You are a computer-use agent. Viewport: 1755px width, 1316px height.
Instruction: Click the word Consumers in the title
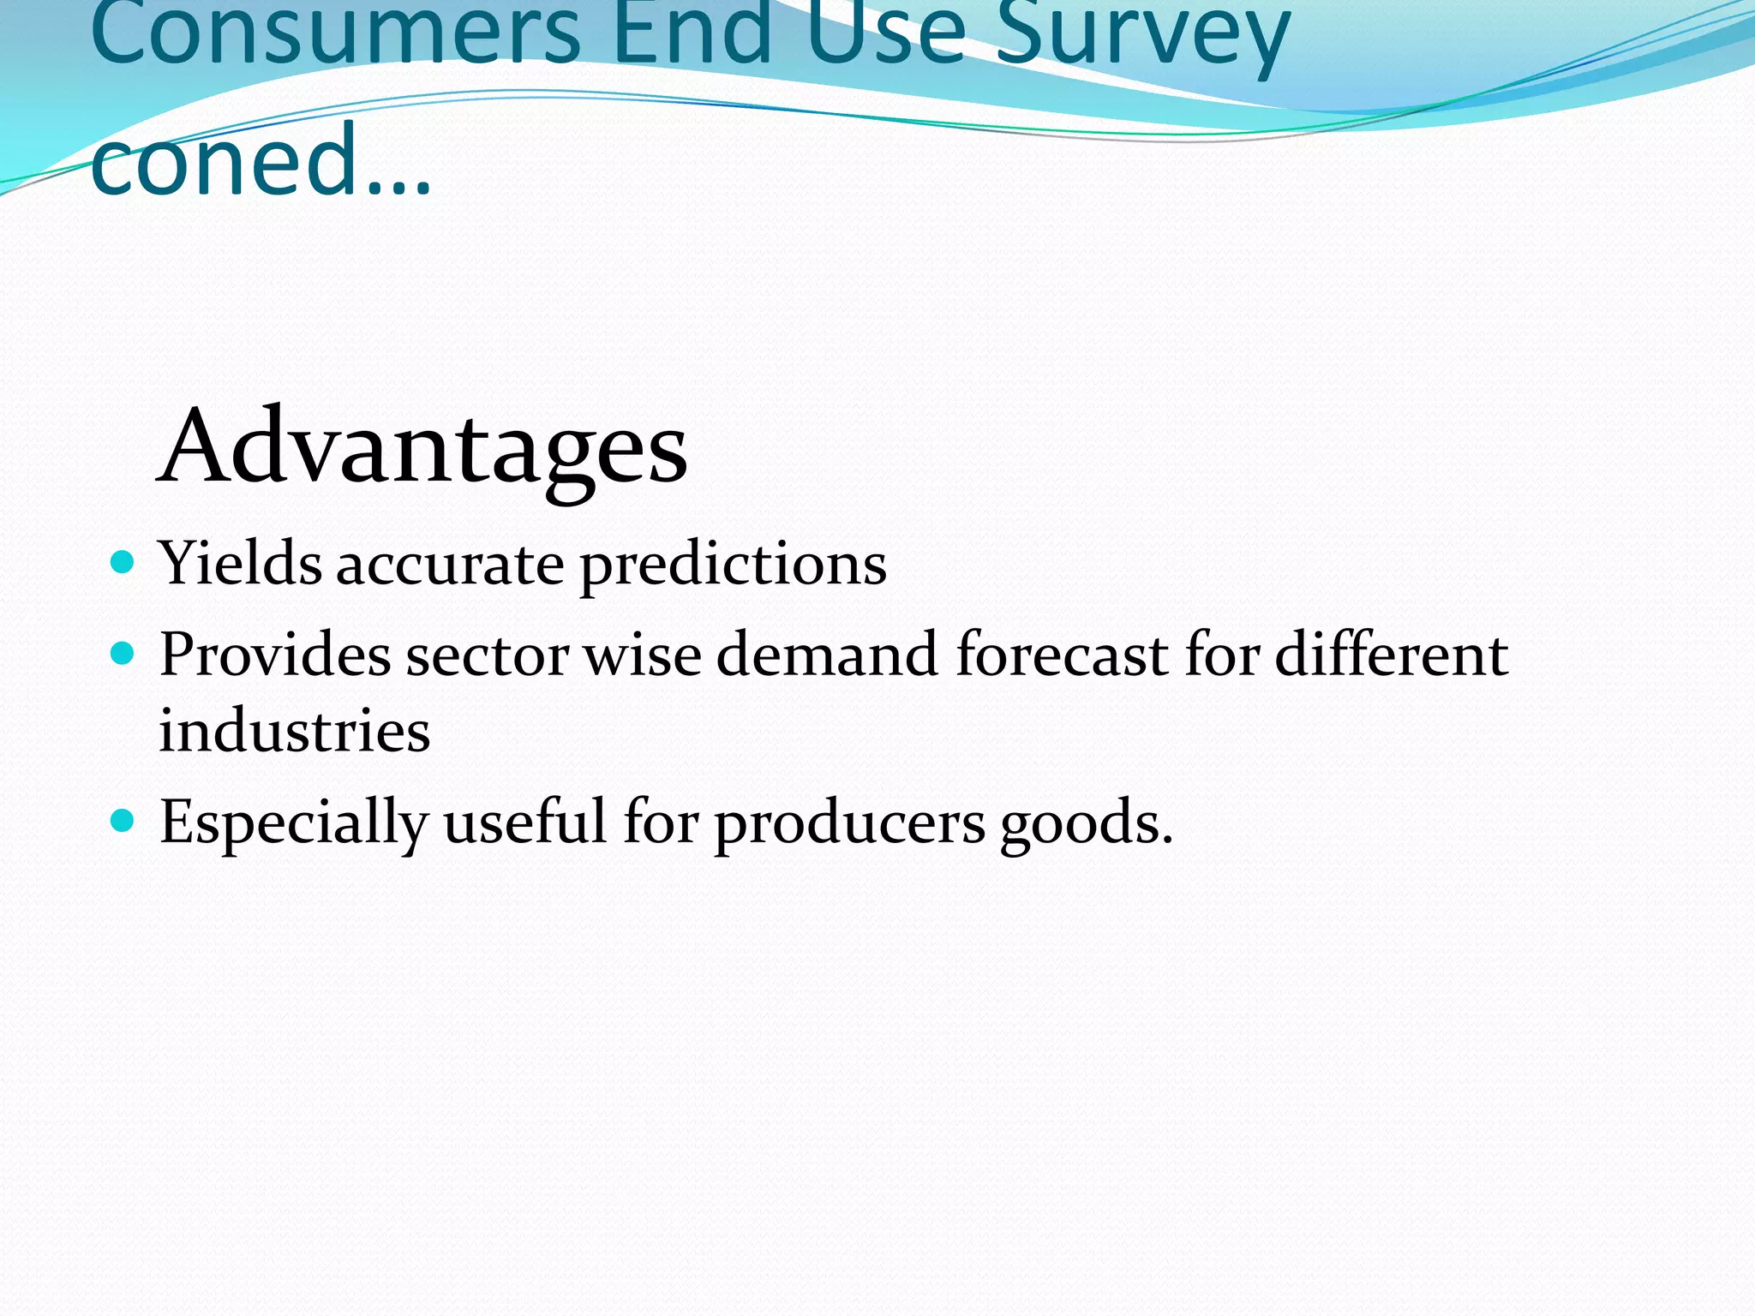334,34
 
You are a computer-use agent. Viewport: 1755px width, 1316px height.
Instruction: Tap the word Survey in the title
1143,34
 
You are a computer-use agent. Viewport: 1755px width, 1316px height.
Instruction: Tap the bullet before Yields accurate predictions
123,563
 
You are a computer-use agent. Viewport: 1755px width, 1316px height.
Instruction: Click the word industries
294,732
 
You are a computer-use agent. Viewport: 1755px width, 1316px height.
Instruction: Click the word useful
524,822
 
